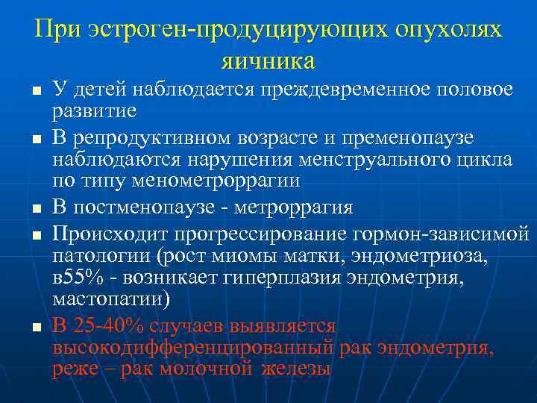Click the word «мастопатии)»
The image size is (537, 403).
pyautogui.click(x=111, y=299)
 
